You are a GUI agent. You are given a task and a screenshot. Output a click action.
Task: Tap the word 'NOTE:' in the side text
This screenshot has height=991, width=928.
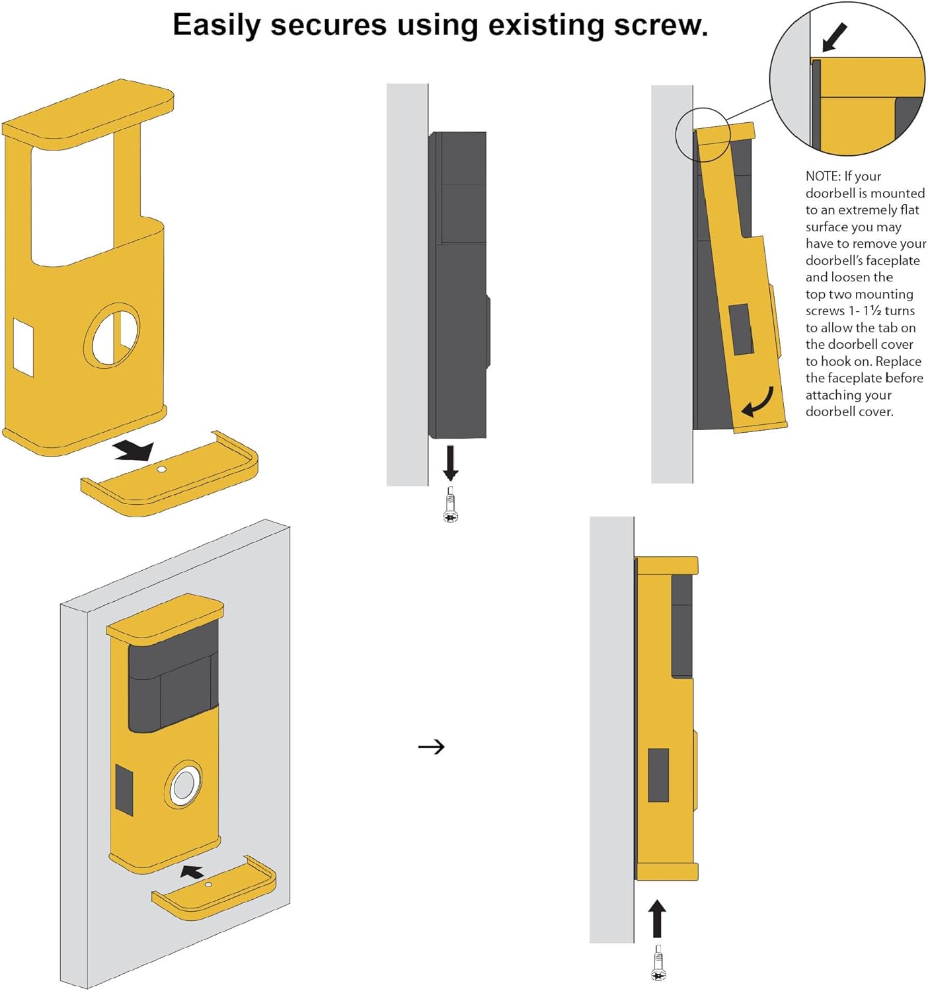point(823,176)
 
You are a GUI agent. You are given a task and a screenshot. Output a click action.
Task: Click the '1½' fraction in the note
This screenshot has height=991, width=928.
point(872,311)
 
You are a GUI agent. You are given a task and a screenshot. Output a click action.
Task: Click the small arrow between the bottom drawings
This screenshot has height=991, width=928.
point(432,747)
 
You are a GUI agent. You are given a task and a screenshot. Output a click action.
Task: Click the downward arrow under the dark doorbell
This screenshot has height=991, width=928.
point(450,463)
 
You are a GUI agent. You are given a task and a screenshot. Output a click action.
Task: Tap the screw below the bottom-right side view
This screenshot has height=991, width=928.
point(658,964)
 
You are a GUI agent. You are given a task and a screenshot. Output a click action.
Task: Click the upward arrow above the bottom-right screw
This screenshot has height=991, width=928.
point(656,919)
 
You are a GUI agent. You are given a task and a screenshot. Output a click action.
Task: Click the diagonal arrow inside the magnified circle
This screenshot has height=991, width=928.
point(834,38)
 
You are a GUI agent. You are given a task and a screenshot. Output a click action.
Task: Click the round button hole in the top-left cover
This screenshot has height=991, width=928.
point(112,335)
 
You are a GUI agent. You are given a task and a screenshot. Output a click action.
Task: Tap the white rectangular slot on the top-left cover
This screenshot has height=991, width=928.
point(23,348)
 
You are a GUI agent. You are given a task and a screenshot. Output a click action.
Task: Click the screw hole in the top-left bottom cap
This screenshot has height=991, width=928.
point(161,470)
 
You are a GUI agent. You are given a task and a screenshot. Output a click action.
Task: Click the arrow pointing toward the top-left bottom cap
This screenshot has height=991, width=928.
point(135,451)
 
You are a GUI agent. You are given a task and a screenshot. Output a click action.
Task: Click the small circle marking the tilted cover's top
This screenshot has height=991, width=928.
point(703,135)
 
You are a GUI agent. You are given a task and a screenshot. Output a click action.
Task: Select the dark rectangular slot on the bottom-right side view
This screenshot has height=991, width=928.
point(658,776)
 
